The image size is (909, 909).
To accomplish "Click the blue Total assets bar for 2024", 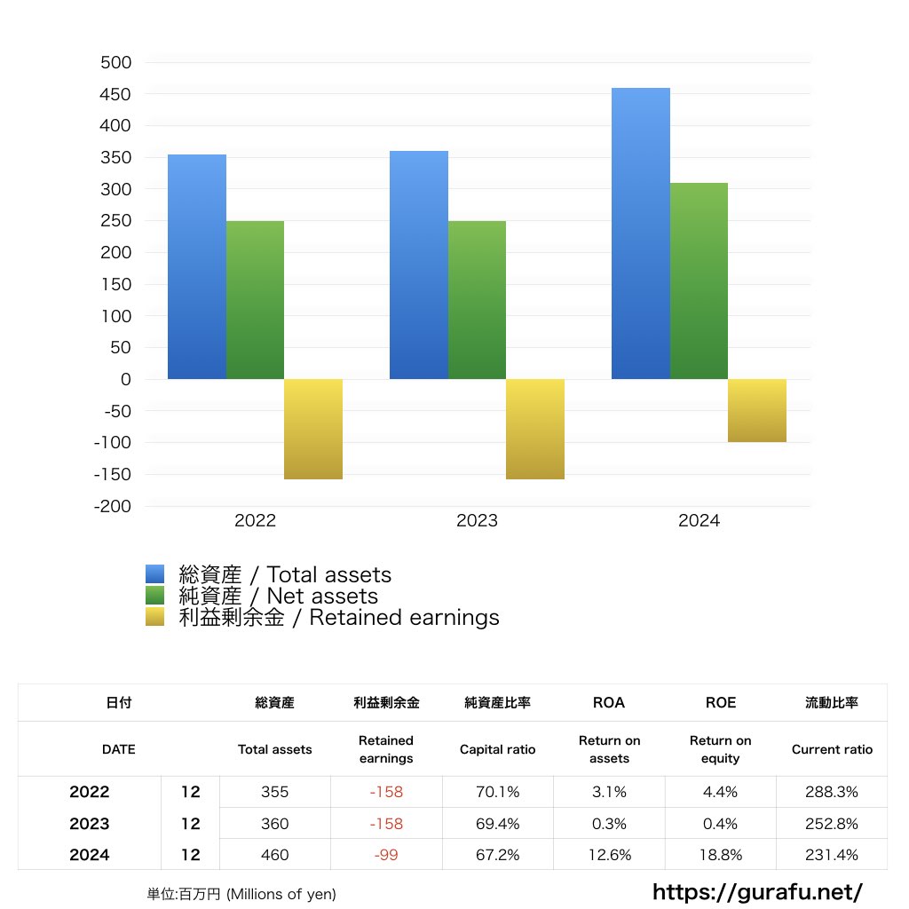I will point(641,233).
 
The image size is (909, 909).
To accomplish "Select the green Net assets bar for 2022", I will point(255,300).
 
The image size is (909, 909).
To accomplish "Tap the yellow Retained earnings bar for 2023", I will point(535,429).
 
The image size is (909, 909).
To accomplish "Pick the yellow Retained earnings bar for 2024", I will point(757,410).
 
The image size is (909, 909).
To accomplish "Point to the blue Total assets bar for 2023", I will point(419,265).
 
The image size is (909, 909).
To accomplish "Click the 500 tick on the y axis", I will point(115,62).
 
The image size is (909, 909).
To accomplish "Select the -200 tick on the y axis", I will point(112,506).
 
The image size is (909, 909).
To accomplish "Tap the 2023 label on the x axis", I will point(477,521).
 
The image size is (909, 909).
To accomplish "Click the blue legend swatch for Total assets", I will point(155,574).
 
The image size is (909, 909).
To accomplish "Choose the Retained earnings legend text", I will point(338,618).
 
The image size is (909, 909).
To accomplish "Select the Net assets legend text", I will point(278,597).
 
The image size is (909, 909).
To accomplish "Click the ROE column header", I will point(720,702).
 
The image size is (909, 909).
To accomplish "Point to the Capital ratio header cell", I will point(497,749).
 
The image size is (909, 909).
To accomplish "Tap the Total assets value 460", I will point(275,856).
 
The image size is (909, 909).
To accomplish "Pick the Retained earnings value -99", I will point(386,856).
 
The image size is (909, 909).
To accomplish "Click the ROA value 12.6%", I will point(609,856).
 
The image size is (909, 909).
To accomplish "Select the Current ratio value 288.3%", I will point(832,792).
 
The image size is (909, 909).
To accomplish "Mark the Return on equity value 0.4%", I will point(720,824).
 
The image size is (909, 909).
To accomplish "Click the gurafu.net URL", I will point(757,891).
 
